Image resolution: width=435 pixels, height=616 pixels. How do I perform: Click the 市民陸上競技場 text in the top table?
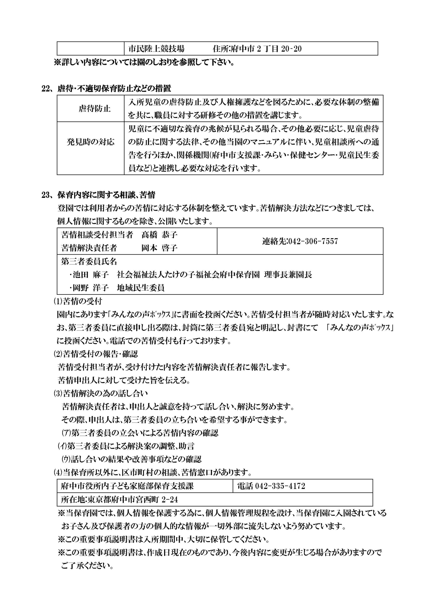pos(156,49)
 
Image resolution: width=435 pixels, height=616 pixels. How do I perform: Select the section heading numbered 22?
pos(106,88)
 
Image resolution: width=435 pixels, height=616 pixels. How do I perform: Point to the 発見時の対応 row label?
pos(91,142)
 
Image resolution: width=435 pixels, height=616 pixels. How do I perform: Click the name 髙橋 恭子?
pos(160,235)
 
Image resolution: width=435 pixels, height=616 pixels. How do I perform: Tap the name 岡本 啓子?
pos(160,248)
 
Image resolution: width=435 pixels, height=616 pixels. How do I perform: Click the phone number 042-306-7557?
pos(312,241)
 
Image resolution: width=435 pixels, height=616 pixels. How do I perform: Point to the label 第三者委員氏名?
pos(89,261)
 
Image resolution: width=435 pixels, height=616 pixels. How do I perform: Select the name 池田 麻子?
pos(91,275)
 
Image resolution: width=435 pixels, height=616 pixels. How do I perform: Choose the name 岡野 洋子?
pos(91,288)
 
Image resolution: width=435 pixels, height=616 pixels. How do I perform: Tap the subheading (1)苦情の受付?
pos(78,301)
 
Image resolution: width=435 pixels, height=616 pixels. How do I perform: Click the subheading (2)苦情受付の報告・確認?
pos(96,354)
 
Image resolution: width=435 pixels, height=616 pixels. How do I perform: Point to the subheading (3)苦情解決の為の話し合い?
pos(100,394)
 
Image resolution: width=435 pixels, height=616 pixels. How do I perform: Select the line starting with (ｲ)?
pos(126,446)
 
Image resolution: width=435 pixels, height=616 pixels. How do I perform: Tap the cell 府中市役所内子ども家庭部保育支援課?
pos(127,486)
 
